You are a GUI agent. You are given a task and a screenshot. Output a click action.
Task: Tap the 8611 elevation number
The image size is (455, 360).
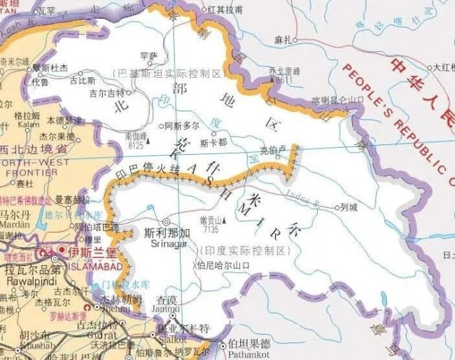tap(283, 81)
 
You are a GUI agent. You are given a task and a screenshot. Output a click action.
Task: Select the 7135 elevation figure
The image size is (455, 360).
tap(210, 228)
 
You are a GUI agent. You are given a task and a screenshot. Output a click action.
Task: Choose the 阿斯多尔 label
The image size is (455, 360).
tap(181, 125)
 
